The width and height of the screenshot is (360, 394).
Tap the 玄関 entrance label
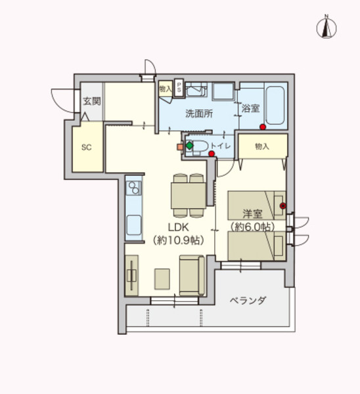click(91, 101)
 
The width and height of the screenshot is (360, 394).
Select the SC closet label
click(86, 147)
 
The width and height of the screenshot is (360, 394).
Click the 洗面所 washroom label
click(198, 113)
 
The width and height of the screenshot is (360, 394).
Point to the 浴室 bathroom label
click(251, 108)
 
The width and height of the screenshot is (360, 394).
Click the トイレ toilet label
click(220, 146)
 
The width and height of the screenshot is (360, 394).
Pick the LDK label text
click(177, 227)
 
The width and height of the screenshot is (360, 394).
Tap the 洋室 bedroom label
click(253, 214)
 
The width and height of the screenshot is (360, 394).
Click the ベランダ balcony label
click(248, 301)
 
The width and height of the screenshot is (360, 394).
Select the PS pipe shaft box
click(178, 87)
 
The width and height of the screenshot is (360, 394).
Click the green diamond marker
click(189, 145)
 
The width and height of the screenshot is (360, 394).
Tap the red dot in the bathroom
click(262, 127)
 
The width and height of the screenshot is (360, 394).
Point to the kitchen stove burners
click(133, 188)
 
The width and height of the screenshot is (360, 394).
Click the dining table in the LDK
click(189, 195)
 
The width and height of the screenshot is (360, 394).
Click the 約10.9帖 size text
click(177, 240)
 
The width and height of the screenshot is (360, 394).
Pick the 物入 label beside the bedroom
click(262, 146)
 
